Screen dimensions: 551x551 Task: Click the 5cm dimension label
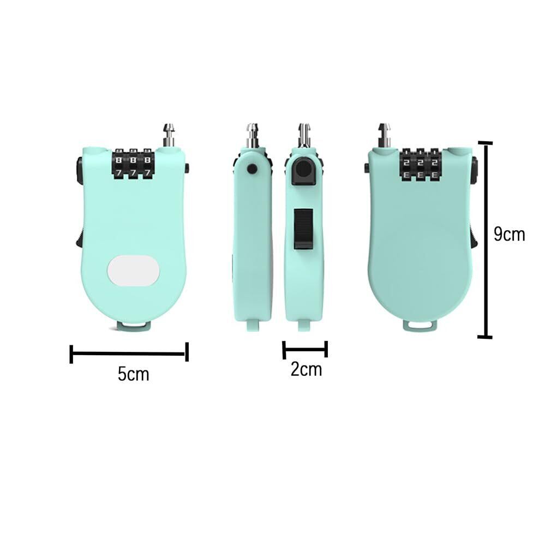click(x=133, y=374)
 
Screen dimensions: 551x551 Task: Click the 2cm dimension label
click(x=306, y=369)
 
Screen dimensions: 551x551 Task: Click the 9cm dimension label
click(x=509, y=234)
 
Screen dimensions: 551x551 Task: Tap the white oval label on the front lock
click(x=134, y=270)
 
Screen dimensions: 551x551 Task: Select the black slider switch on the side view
click(x=303, y=229)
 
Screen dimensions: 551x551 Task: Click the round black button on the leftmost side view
click(x=252, y=169)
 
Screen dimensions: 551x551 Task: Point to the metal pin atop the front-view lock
click(x=169, y=135)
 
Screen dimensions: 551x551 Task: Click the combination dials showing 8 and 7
click(x=133, y=165)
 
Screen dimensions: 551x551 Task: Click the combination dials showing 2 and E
click(x=420, y=165)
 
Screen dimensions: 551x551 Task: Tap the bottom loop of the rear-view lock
click(x=418, y=325)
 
